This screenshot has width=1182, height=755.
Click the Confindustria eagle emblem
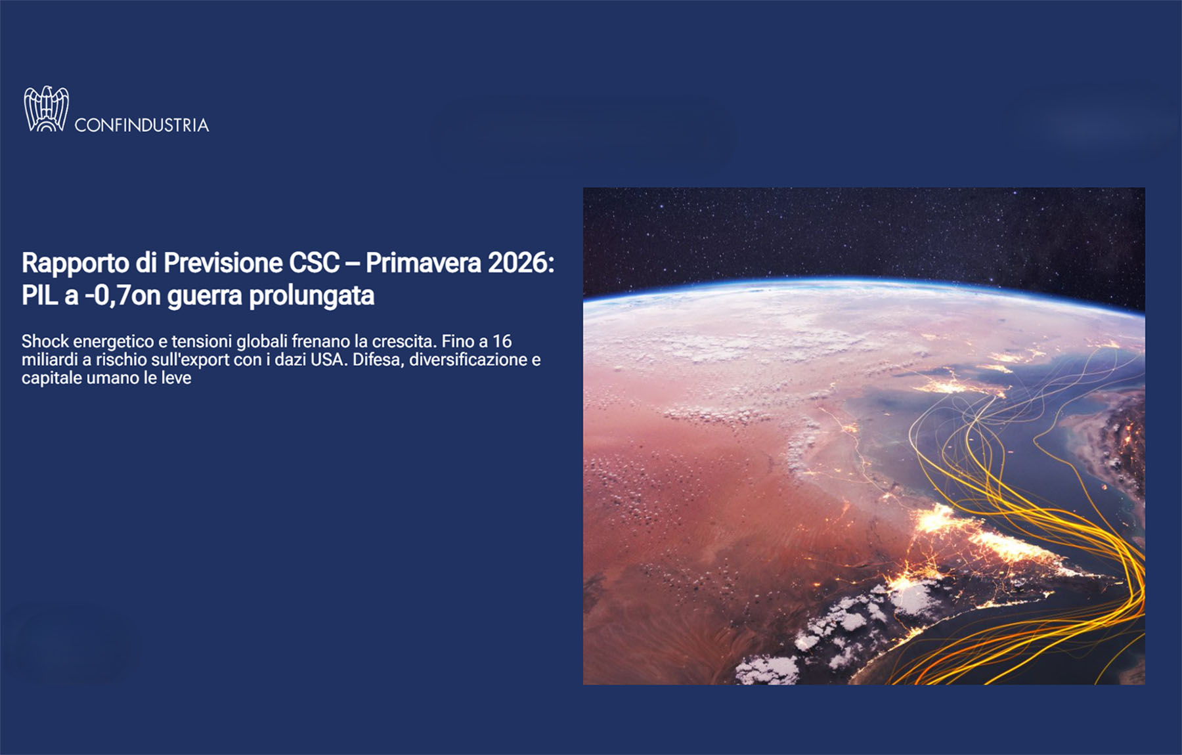pyautogui.click(x=46, y=109)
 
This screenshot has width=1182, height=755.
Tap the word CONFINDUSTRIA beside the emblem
pyautogui.click(x=142, y=125)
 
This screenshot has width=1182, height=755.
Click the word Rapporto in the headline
pyautogui.click(x=76, y=264)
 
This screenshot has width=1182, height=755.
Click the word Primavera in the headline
pyautogui.click(x=423, y=264)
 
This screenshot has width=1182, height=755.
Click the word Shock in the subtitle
pyautogui.click(x=45, y=341)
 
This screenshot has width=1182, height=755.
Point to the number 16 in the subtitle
pyautogui.click(x=502, y=341)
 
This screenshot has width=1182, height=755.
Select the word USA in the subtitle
pyautogui.click(x=328, y=360)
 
